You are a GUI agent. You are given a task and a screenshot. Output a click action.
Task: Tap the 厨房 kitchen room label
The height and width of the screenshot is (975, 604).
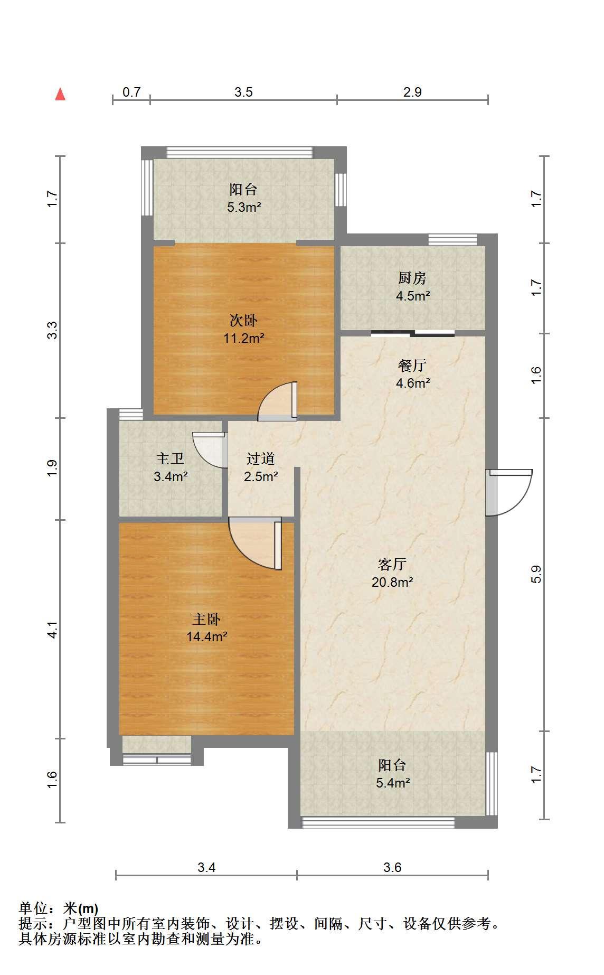[x=412, y=278]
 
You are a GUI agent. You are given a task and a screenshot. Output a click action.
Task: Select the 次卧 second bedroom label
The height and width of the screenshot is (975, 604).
[x=243, y=321]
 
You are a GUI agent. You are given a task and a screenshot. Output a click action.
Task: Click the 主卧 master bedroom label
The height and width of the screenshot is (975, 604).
[x=206, y=619]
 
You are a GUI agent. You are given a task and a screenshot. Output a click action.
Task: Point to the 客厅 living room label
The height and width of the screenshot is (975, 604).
[x=392, y=565]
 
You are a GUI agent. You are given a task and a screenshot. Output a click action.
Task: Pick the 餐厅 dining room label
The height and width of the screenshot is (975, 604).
[x=412, y=365]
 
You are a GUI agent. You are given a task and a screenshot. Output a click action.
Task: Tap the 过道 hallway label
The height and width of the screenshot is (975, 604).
[x=261, y=458]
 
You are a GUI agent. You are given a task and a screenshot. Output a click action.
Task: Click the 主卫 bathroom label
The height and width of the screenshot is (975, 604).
[x=170, y=458]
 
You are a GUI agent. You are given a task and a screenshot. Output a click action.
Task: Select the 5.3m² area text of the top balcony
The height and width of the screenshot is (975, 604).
[x=243, y=207]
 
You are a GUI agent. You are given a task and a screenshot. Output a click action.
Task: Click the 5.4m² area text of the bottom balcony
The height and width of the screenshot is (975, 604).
[x=393, y=783]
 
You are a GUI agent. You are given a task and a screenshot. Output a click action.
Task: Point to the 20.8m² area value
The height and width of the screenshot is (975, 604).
[x=392, y=582]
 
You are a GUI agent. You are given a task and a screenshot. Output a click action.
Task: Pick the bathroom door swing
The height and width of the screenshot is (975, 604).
[x=210, y=450]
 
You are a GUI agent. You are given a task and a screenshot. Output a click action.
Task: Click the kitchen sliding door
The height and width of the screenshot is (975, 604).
[x=413, y=333]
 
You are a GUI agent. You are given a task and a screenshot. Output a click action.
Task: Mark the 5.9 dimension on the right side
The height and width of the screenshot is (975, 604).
[x=537, y=574]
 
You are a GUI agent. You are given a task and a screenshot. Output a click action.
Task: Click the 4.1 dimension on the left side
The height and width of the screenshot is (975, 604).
[x=52, y=630]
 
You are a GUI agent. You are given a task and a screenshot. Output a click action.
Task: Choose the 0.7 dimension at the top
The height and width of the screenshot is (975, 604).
[x=131, y=92]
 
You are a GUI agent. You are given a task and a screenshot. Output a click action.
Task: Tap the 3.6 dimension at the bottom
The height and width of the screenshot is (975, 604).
[x=393, y=867]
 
